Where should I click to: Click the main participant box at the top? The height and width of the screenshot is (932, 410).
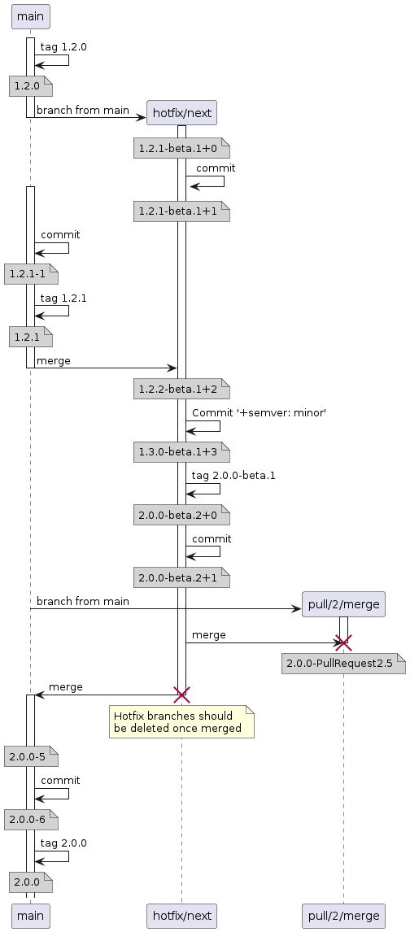tap(30, 15)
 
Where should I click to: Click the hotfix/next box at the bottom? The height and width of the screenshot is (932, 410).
tap(181, 916)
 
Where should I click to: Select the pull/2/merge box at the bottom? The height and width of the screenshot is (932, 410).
tap(342, 916)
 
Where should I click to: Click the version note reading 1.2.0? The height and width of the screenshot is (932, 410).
tap(30, 85)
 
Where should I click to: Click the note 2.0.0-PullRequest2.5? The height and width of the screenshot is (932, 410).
tap(342, 664)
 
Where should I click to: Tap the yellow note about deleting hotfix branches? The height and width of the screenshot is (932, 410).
tap(181, 721)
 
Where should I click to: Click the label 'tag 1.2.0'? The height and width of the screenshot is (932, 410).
tap(63, 47)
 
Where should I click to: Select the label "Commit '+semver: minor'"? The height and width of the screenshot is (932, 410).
tap(236, 413)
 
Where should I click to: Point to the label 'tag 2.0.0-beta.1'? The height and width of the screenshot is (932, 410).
tap(233, 475)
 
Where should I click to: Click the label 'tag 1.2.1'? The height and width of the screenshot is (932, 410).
tap(63, 298)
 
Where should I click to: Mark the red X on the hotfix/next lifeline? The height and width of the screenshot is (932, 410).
tap(181, 694)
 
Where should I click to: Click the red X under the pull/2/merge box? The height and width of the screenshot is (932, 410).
tap(343, 642)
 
